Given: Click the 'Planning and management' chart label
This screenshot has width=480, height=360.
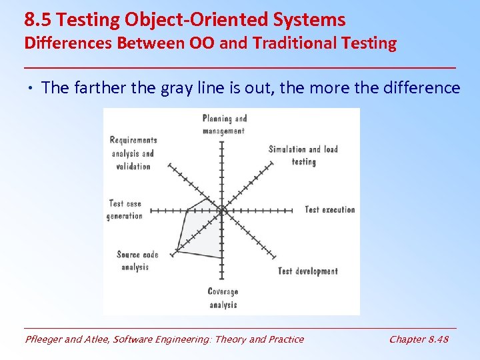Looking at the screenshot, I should (x=224, y=125).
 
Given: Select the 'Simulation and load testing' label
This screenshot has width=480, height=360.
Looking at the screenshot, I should (x=303, y=155).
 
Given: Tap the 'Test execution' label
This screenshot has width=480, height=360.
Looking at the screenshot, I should (x=330, y=210).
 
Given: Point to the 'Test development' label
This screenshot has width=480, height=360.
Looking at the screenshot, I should (x=307, y=271).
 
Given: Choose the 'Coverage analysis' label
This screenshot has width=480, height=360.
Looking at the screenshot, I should (x=223, y=298).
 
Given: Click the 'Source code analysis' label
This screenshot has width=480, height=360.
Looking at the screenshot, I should (x=137, y=261).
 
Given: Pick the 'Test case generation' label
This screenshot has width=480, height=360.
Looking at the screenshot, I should (x=125, y=209).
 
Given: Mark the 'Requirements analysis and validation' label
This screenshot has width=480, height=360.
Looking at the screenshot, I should (x=133, y=153).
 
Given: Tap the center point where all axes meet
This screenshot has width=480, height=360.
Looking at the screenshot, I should (x=222, y=210).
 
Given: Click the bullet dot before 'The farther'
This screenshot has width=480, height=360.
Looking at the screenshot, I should (x=32, y=88).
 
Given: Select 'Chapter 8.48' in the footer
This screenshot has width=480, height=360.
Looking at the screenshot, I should (x=419, y=339).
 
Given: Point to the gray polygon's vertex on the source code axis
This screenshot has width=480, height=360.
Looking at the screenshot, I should (x=176, y=251).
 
